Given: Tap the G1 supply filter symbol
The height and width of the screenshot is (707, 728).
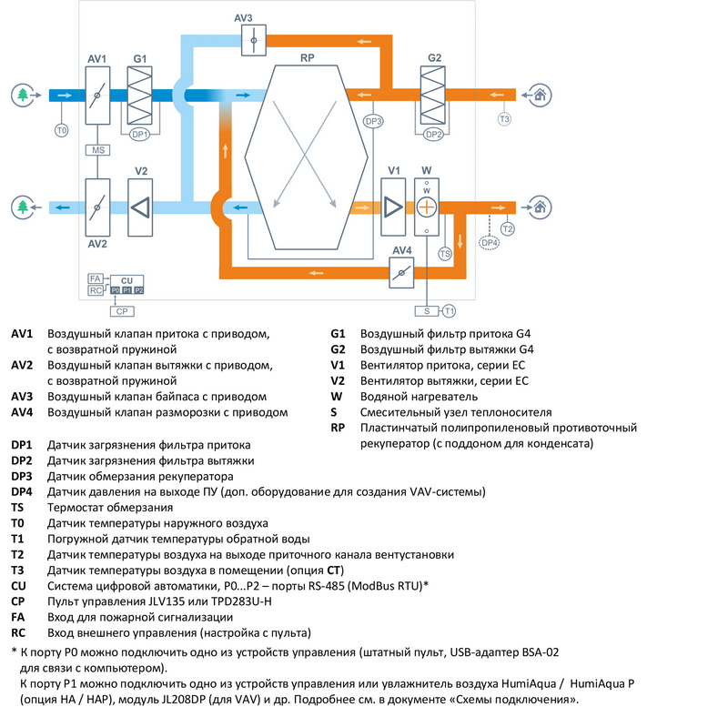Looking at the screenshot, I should point(140,95).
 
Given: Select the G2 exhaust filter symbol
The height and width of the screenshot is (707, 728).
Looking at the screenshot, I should point(434,95).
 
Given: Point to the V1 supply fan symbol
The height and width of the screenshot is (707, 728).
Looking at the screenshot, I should point(393,207).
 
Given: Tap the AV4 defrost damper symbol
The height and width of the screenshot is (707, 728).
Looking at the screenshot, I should point(401,270).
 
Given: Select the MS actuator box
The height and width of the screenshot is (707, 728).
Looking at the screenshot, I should point(96,149).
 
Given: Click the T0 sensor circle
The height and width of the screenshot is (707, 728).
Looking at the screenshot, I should point(62,131).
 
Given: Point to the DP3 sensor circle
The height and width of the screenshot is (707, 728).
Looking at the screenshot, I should point(373,121).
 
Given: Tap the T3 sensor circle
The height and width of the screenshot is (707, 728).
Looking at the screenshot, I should point(504,119).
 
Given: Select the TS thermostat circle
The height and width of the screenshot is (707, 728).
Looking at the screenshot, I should point(445,255).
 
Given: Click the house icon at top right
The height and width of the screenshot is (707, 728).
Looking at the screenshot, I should point(539,94).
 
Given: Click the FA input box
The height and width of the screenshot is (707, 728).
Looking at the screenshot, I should point(95,278).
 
